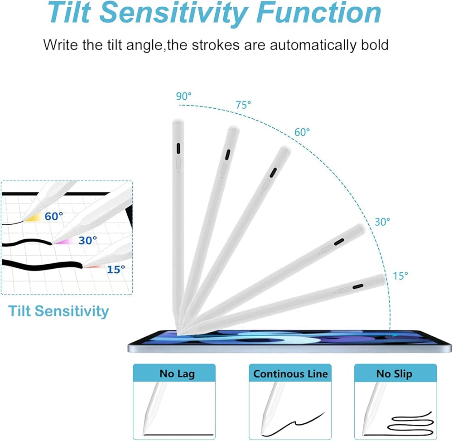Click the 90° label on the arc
(184, 96)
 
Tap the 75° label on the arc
(243, 105)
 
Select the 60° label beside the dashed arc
(302, 132)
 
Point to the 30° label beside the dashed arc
(382, 222)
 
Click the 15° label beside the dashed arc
(400, 276)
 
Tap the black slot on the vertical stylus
(178, 149)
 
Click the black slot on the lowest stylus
(358, 286)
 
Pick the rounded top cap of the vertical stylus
(178, 121)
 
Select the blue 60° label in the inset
(54, 216)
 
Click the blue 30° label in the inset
(88, 240)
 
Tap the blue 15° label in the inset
(116, 269)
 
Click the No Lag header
(177, 373)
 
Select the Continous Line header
(290, 373)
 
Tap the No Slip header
(394, 373)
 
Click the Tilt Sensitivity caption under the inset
(58, 311)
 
